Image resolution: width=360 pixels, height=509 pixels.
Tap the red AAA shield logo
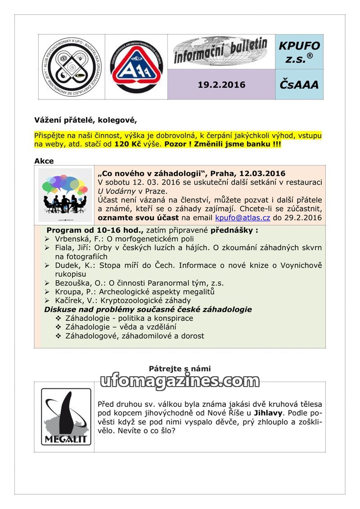coord(136,67)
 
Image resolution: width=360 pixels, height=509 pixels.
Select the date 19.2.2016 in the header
coord(221,85)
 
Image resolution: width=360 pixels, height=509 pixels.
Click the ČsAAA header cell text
coord(299,85)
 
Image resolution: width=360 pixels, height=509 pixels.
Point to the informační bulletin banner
coord(221,51)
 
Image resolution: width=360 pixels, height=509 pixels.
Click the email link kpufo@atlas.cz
coord(243,218)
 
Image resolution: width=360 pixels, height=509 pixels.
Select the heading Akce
coord(44,161)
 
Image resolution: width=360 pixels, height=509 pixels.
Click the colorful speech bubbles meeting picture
coord(65,195)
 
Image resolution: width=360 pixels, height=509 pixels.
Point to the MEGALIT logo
coord(66,416)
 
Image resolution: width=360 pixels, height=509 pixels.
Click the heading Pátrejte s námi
coord(180,369)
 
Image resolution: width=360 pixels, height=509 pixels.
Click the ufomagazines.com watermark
coord(180,382)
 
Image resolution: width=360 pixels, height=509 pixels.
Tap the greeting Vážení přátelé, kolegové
coord(85,120)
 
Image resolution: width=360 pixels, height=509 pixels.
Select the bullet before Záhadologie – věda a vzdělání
coord(58,327)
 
